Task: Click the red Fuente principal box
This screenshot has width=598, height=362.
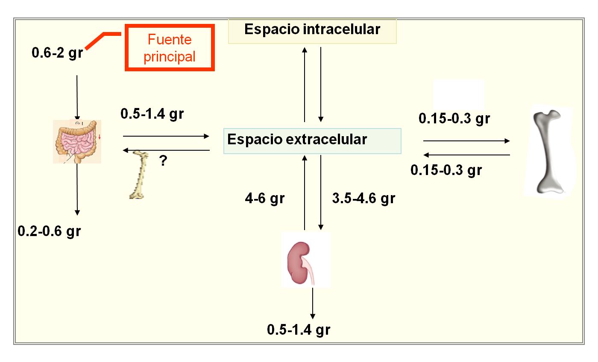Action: coord(170,48)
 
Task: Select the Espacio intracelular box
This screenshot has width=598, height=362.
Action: coord(312,30)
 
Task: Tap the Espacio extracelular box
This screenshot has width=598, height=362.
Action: coord(312,140)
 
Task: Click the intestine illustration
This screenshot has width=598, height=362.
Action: coord(77,142)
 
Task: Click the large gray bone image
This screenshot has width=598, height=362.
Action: coord(548,152)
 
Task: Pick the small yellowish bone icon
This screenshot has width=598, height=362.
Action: coord(139,175)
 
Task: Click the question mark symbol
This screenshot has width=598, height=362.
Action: coord(163,161)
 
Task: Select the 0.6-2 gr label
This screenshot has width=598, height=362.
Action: coord(57,54)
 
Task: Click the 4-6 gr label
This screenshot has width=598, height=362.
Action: coord(265,199)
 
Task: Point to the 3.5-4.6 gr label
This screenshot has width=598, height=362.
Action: coord(363,199)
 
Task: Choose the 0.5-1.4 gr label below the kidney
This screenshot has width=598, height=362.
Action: coord(299,330)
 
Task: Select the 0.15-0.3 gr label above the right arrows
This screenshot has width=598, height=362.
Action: coord(454,119)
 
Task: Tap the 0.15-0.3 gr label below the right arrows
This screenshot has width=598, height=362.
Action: coord(446,170)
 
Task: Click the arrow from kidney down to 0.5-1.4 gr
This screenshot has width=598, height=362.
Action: coord(313,303)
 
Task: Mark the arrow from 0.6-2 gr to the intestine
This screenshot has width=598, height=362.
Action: coord(77,97)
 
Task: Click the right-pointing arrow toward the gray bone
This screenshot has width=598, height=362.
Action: coord(466,141)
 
